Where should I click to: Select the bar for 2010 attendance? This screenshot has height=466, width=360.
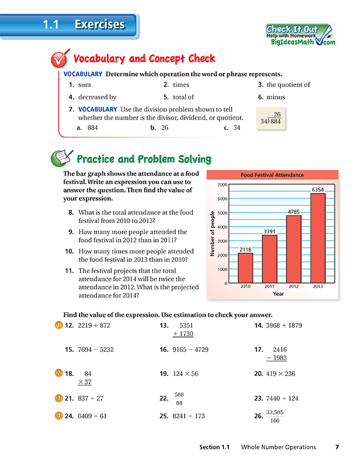click(245, 268)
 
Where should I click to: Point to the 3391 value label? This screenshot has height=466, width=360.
click(269, 231)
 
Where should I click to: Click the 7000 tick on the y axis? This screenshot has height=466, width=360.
click(222, 185)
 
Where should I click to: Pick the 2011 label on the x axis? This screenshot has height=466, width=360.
click(269, 287)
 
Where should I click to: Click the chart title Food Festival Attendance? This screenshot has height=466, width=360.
click(273, 175)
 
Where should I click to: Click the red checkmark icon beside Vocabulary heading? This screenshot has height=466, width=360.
click(58, 59)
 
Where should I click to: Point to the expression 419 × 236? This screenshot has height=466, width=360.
click(279, 374)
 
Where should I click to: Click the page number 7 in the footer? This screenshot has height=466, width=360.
click(336, 447)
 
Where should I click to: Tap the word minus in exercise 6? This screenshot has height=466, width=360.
click(275, 97)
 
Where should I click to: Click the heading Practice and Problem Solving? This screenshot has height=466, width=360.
click(145, 159)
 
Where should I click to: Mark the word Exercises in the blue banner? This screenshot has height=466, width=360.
click(100, 25)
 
